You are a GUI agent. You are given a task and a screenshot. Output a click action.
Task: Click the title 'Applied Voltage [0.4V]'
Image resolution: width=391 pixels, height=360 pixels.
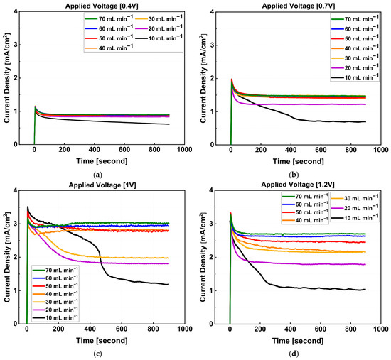[x=102, y=6]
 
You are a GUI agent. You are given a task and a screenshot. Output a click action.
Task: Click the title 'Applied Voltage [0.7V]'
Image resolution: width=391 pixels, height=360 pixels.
[x=299, y=6]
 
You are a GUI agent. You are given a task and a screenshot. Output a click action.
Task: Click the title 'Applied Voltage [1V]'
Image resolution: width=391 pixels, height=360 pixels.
[x=102, y=185]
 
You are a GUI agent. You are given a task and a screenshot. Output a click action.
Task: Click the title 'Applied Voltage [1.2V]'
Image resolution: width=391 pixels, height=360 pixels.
[x=298, y=185]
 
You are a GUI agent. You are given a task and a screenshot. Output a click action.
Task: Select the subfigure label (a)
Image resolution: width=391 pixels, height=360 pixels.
[x=97, y=175]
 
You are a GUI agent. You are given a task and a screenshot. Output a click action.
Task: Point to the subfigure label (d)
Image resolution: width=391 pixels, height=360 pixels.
[x=294, y=354]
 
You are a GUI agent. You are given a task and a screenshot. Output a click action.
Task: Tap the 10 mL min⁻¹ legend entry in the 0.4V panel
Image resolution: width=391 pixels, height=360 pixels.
[x=159, y=38]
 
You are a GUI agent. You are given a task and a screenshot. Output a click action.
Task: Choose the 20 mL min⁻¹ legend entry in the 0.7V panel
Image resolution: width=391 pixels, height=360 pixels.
[x=355, y=67]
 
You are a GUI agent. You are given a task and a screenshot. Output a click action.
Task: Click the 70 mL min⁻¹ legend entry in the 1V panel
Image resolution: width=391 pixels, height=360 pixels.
[x=55, y=270]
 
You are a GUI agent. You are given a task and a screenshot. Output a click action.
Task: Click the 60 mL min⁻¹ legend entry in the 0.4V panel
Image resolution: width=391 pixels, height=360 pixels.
[x=109, y=28]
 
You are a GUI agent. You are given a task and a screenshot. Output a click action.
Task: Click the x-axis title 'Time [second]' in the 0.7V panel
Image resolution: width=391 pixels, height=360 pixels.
[x=299, y=161]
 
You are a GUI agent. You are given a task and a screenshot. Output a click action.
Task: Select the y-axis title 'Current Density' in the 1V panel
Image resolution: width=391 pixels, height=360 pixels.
[x=6, y=257]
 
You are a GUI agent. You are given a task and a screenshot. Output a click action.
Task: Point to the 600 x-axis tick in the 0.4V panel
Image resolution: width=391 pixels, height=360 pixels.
[x=124, y=150]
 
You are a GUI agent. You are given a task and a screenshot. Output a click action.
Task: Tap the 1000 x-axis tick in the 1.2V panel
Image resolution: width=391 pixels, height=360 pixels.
[x=381, y=329]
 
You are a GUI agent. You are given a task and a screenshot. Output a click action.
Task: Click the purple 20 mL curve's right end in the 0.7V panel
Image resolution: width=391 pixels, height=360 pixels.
[x=365, y=104]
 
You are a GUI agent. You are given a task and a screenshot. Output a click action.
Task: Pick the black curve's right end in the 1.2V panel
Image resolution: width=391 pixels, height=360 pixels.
[x=365, y=289]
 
